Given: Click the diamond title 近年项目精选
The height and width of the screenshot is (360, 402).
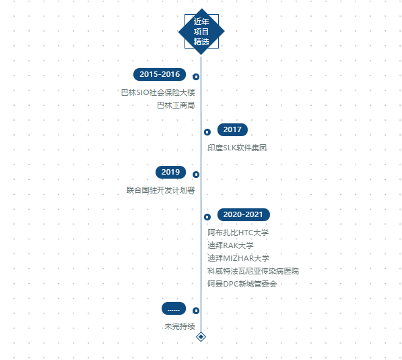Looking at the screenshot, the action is pos(201,32).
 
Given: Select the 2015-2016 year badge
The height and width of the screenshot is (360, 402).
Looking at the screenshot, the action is pos(160,74).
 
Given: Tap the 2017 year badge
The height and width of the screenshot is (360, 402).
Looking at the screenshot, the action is pos(232,129).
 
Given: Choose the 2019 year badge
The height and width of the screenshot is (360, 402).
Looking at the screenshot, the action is pos(170,172).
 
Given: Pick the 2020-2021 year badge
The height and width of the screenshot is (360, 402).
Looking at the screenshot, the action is pos(243,214).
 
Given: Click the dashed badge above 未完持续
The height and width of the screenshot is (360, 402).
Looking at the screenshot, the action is pos(174,308).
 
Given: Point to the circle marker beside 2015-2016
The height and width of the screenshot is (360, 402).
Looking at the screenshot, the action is pos(196,77).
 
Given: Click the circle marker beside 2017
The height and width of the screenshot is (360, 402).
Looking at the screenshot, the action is pos(207,132).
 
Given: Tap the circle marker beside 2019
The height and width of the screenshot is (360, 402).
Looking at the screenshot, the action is pos(196,175).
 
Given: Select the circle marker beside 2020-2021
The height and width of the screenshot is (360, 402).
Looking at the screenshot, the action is pos(207,217).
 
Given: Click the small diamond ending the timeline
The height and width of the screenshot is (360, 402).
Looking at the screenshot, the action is pos(201,336).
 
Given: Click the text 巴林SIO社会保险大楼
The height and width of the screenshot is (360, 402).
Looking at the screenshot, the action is pos(158,92).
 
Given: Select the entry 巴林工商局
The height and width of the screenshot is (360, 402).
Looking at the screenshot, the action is pos(176,105).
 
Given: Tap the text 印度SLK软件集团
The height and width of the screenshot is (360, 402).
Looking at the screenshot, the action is pos(237,148).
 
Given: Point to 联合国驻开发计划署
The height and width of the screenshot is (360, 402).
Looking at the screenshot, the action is pos(161,190).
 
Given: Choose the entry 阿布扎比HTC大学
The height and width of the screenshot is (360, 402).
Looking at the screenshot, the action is pos(238,233).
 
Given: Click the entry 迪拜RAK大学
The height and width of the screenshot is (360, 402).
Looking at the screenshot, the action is pos(230,245).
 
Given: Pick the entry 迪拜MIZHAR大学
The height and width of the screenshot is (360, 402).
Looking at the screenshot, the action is pos(238,258).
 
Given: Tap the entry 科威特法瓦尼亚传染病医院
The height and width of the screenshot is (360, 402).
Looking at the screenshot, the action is pos(253,271).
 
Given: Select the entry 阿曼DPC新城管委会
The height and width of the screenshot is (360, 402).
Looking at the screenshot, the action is pos(242,284).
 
